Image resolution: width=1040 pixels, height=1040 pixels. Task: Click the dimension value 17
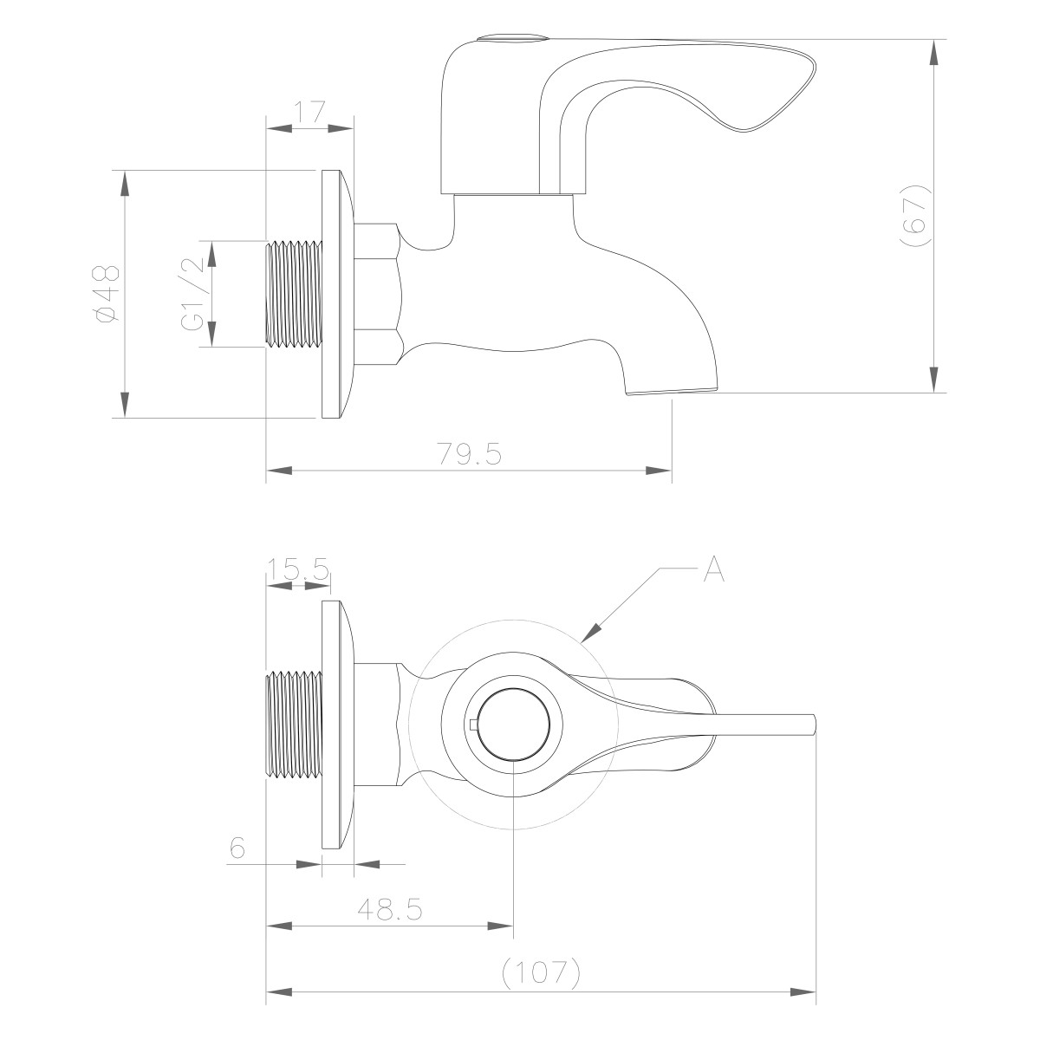309,112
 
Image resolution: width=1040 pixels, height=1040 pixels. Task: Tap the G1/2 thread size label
192,294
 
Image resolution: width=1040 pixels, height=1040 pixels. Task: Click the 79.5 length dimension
469,454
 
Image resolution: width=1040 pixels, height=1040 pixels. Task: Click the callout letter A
712,569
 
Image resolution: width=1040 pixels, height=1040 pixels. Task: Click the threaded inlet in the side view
293,294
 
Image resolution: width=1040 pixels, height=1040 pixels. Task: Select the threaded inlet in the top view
293,725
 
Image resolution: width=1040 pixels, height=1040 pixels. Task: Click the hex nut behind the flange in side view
378,294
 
